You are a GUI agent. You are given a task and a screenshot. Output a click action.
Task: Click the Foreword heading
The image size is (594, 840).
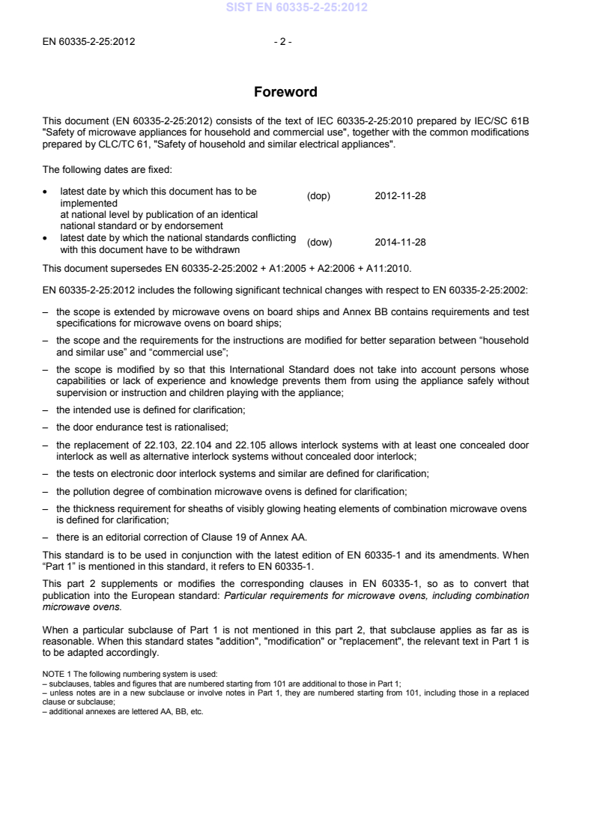pos(285,93)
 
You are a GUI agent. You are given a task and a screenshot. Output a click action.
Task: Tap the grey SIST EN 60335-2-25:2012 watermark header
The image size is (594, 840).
pos(296,8)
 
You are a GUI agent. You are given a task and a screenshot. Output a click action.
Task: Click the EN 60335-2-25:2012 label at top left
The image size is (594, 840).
pos(87,41)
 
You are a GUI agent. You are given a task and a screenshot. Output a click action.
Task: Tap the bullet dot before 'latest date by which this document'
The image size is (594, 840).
pos(45,192)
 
